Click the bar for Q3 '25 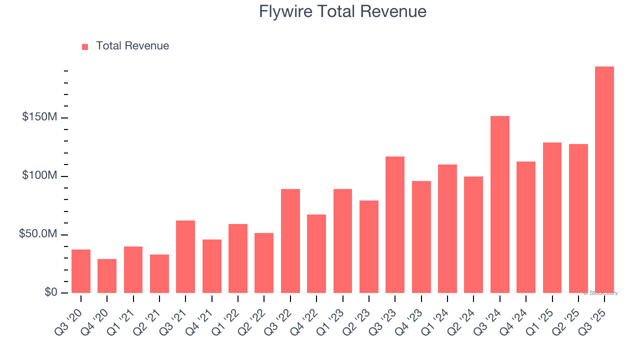coord(604,180)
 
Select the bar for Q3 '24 coord(499,204)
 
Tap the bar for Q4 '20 coord(107,276)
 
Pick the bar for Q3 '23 coord(395,225)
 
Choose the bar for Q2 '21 coord(159,273)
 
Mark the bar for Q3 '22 coord(290,241)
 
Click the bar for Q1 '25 coord(552,218)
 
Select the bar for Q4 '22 coord(316,253)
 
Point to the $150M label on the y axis coord(39,117)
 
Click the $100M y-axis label coord(39,175)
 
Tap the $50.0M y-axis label coord(39,234)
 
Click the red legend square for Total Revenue coord(85,46)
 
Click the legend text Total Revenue coord(132,46)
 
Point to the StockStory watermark coord(600,293)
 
